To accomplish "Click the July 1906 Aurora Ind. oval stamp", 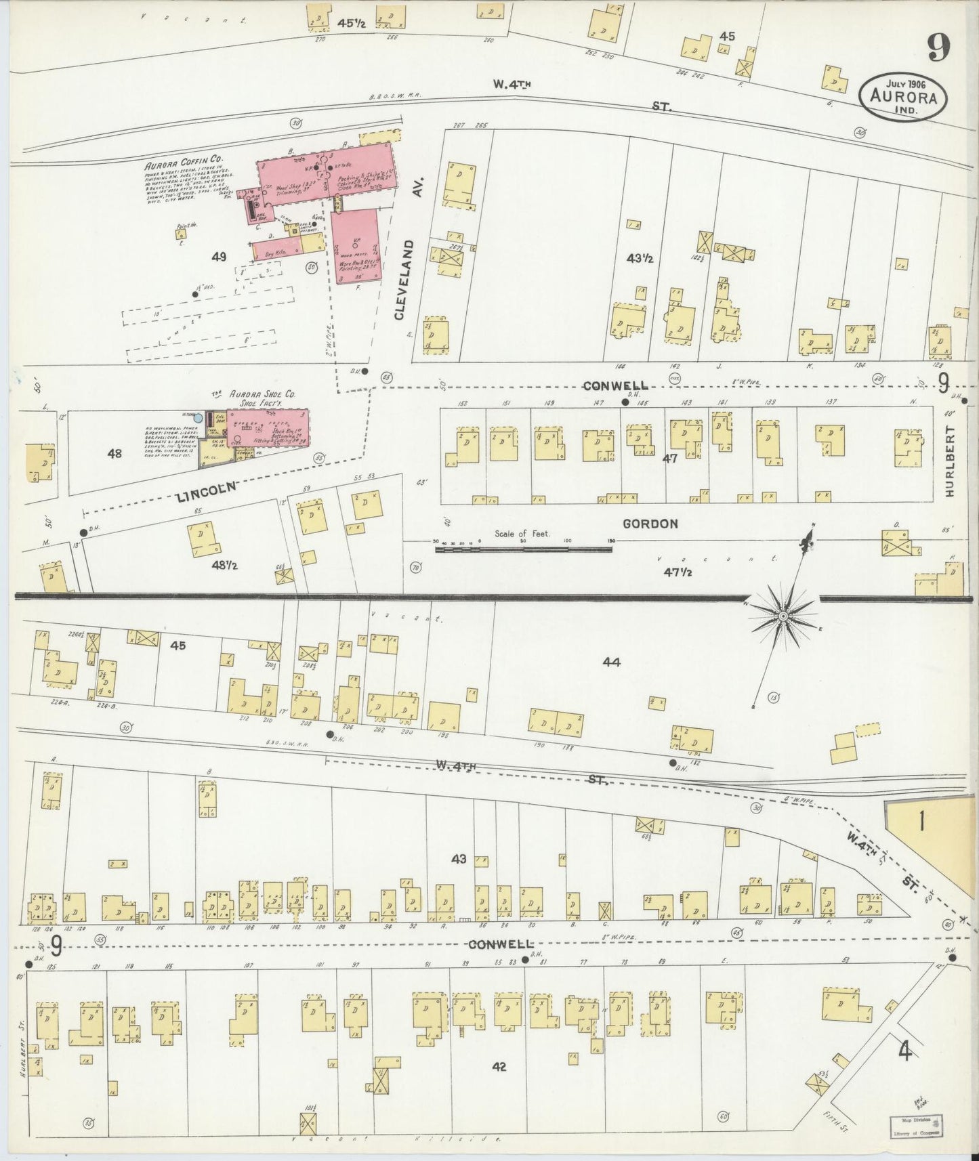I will [903, 97].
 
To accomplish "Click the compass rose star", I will [783, 615].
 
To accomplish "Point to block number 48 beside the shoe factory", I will [114, 453].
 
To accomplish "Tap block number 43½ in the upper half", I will [639, 258].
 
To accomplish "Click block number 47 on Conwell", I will [670, 459].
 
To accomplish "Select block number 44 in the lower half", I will [611, 662].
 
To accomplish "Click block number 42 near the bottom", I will [499, 1066].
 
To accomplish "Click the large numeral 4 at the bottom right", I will [904, 1051].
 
